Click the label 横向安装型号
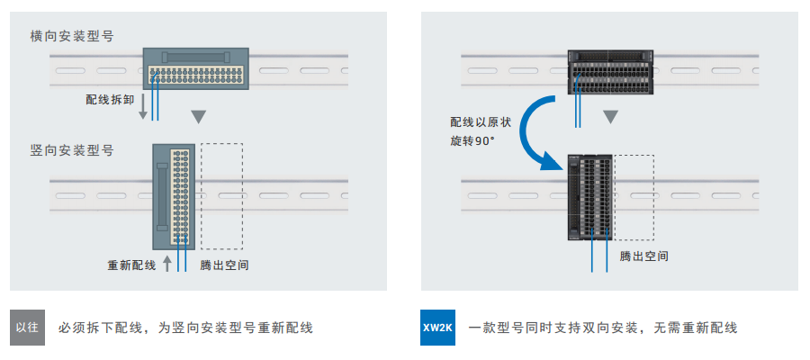click(71, 36)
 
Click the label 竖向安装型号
click(71, 151)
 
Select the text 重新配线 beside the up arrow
click(131, 265)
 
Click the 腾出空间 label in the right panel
click(644, 256)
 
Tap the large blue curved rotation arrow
click(537, 126)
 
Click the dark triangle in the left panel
click(200, 117)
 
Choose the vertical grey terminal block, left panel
click(174, 195)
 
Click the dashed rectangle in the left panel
click(221, 195)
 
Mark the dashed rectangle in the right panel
click(634, 197)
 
